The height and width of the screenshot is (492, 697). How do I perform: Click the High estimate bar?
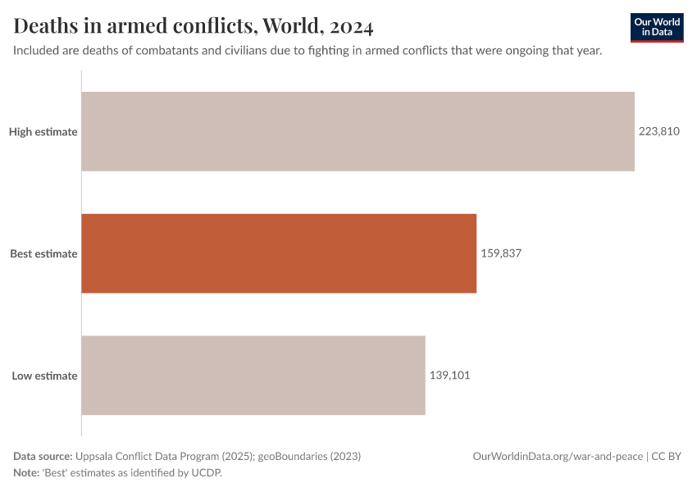point(358,131)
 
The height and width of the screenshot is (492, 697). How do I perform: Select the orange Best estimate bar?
point(279,253)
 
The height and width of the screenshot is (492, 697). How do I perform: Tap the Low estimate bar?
point(253,376)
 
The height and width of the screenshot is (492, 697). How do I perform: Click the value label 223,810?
point(659,131)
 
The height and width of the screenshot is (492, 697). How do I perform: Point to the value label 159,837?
point(501,253)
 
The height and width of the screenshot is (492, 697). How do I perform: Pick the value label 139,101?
point(450,376)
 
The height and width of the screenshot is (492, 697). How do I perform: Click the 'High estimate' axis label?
point(43,131)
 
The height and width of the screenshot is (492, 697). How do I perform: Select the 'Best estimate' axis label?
point(43,253)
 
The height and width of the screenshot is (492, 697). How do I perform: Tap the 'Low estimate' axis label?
point(44,376)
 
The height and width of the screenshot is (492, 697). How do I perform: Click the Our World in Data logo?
point(657,27)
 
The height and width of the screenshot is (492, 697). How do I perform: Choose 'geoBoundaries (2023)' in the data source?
point(309,456)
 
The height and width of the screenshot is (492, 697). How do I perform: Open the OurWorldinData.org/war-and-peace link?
point(558,456)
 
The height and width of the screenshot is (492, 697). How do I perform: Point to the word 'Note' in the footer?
point(27,472)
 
